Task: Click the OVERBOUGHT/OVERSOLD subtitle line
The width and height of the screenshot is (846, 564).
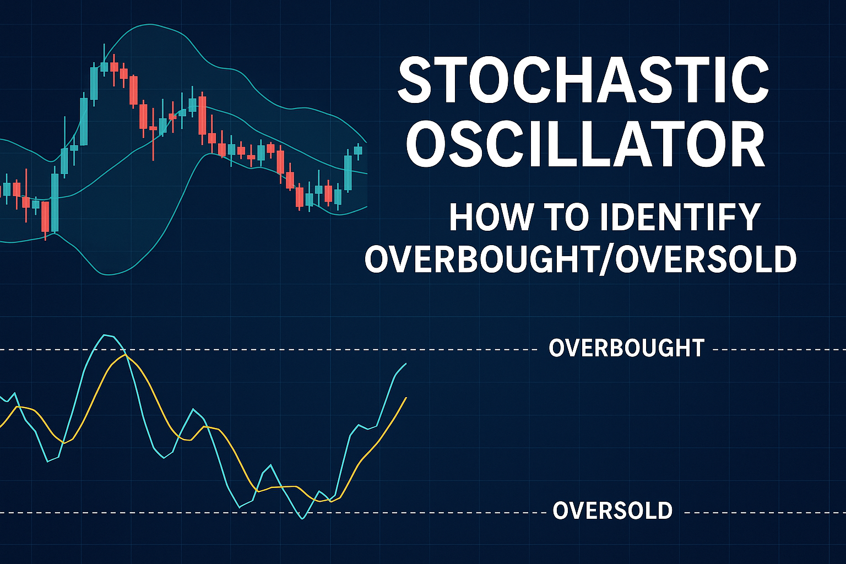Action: click(x=581, y=259)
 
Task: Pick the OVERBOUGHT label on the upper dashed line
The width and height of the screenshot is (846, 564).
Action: click(x=626, y=348)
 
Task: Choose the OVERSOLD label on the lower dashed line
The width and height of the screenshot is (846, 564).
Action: click(x=612, y=511)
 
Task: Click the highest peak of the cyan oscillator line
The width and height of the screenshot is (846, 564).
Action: click(x=107, y=335)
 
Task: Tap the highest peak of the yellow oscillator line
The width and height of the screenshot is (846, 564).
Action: click(x=124, y=355)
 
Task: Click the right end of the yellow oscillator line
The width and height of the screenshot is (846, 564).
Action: click(x=406, y=398)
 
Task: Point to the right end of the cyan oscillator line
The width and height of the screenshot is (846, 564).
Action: click(x=406, y=364)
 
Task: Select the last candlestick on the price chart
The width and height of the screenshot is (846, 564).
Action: click(x=357, y=150)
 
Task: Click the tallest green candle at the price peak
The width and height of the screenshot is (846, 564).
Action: click(x=94, y=81)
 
